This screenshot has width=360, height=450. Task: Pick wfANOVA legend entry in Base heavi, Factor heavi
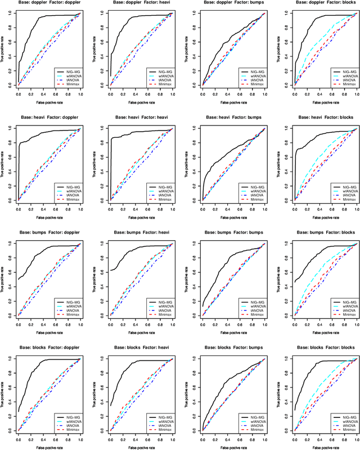click(163, 191)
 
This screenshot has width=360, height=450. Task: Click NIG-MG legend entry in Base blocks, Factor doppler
click(71, 416)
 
